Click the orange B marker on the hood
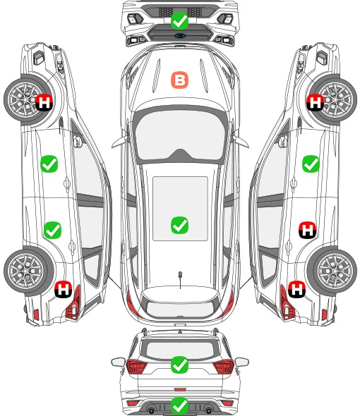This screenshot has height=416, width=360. [x=179, y=80]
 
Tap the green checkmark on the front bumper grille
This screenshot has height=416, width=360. [x=179, y=20]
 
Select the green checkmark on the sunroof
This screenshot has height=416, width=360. [x=179, y=225]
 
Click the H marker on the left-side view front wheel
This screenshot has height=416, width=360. [x=44, y=102]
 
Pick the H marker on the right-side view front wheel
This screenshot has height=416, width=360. [x=315, y=102]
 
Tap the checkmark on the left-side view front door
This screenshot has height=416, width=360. [x=49, y=164]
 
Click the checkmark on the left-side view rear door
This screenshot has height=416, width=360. [x=53, y=230]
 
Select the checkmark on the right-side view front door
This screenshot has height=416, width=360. [x=311, y=164]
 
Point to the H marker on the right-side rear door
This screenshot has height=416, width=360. [x=307, y=230]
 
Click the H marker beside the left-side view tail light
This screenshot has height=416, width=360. [x=64, y=289]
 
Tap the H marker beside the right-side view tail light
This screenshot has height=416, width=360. [x=296, y=289]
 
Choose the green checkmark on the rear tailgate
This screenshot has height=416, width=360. [x=179, y=365]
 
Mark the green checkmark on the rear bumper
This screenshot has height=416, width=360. [x=179, y=405]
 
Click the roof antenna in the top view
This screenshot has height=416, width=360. [x=180, y=279]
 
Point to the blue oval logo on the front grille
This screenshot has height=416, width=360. [x=180, y=35]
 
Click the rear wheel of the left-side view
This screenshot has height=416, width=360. [x=27, y=271]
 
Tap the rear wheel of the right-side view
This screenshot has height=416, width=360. [x=334, y=271]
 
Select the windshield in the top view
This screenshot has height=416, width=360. [x=180, y=134]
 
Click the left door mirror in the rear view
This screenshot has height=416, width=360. [x=118, y=362]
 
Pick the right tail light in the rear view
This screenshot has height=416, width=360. [x=223, y=367]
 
